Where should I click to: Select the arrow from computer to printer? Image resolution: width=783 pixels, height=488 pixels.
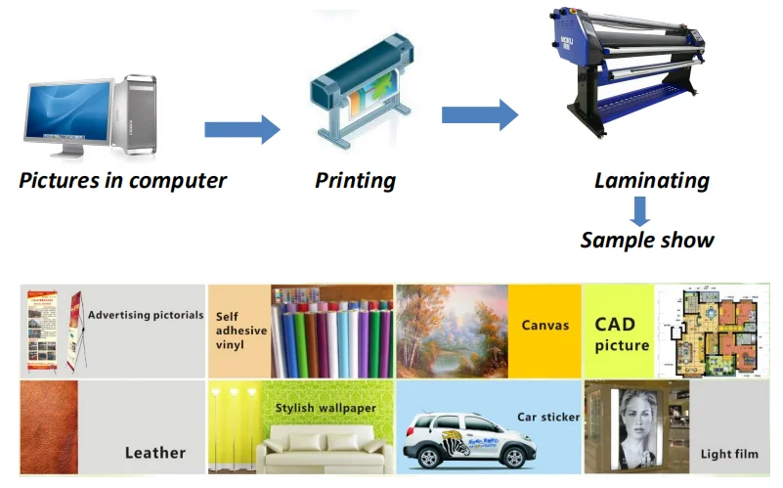pos(241,129)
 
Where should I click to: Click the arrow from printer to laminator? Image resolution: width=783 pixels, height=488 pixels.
pos(479,113)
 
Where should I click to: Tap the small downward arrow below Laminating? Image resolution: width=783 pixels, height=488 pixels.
pos(639,210)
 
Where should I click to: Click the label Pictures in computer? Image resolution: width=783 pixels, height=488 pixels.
pos(123,181)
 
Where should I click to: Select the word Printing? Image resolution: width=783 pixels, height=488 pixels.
pos(355,181)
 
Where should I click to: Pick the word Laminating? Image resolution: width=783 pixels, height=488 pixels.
pos(651,181)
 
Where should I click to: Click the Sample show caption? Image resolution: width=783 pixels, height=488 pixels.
pos(647,240)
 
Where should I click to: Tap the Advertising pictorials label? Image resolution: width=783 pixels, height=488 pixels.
pos(146,316)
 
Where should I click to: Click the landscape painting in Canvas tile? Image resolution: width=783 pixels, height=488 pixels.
pos(452,331)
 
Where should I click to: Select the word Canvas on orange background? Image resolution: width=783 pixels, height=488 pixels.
pos(544,325)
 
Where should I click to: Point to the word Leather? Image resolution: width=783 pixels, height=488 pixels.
pos(154,453)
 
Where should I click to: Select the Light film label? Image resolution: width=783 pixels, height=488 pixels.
pos(728,455)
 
